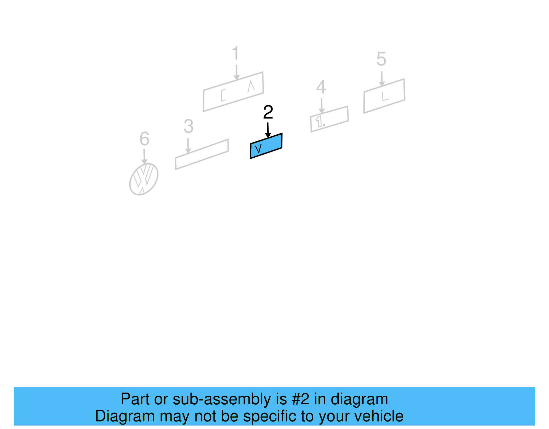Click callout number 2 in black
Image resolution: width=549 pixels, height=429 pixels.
point(268,112)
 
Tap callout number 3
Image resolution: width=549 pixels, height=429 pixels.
point(188,126)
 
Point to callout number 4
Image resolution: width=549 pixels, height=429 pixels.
point(321,87)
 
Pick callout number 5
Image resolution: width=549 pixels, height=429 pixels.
point(381,59)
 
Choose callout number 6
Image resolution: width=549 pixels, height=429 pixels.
point(144,139)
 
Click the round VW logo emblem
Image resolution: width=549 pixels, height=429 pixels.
point(144,179)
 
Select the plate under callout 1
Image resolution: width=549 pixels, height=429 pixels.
point(233,92)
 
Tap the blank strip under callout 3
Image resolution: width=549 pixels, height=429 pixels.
point(202,154)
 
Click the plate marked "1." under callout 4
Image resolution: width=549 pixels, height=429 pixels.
point(329,119)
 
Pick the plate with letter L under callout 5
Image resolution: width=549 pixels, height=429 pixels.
point(384,96)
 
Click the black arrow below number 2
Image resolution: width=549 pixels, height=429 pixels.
point(268,131)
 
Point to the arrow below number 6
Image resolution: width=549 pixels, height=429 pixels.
point(144,157)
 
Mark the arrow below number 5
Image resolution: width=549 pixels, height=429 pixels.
point(382,79)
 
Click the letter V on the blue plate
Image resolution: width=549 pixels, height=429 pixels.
point(259,149)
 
